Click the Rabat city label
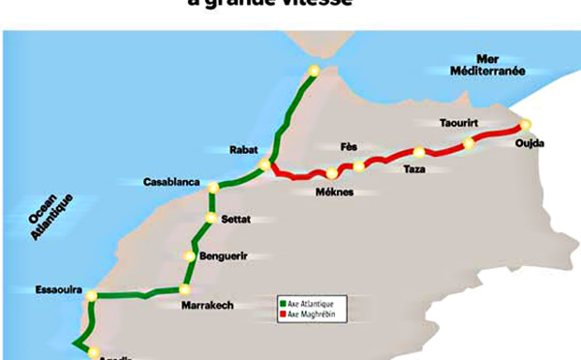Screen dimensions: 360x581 (x=242, y=150)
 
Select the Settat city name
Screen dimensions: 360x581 (x=235, y=220)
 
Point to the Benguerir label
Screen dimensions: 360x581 (x=224, y=255)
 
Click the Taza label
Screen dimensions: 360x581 (x=414, y=169)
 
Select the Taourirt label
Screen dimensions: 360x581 (x=461, y=124)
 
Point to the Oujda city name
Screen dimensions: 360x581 (x=531, y=144)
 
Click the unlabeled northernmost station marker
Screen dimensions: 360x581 (x=313, y=71)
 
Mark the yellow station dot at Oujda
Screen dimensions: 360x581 (x=526, y=124)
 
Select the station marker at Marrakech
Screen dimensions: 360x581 (x=183, y=288)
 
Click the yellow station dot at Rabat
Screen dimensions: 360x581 (x=264, y=166)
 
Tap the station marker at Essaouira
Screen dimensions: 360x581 (x=89, y=296)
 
